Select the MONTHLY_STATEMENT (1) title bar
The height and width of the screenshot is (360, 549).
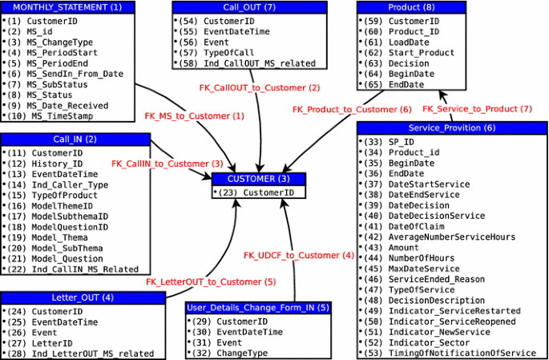coord(67,7)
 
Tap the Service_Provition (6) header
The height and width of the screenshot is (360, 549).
coord(451,127)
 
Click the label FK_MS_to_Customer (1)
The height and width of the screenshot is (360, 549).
coord(194,116)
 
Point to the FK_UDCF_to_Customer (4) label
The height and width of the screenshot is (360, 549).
coord(298,255)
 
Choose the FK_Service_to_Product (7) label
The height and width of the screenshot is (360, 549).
coord(477,108)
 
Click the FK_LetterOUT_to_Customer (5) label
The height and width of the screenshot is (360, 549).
coord(211,281)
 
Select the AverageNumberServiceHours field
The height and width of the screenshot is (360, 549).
coord(451,237)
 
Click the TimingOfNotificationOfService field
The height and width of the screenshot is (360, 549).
coord(462,353)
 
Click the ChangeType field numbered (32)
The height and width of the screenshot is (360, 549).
coord(242,353)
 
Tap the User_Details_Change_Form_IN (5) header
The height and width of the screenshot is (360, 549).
coord(258,308)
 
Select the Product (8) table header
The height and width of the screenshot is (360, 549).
coord(411,7)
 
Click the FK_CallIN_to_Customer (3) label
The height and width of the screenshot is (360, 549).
coord(167,164)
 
